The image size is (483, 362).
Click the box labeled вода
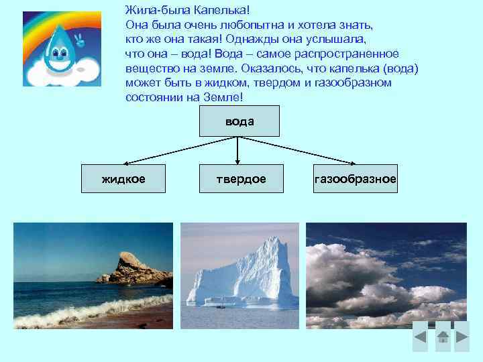239,121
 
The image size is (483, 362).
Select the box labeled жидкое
123,179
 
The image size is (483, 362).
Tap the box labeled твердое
240,179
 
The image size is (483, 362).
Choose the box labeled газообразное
355,179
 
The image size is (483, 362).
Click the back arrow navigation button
420,338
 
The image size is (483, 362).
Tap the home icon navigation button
443,338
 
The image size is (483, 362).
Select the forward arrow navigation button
463,338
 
